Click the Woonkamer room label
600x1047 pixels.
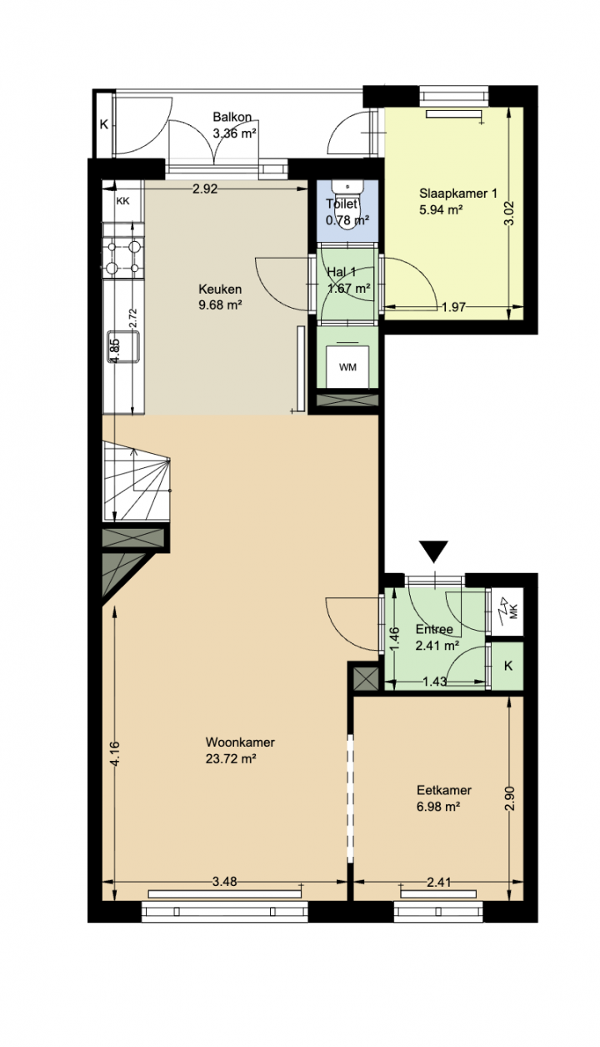[x=240, y=742]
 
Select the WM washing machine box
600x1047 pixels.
[x=347, y=366]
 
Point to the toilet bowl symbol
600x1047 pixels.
[x=347, y=206]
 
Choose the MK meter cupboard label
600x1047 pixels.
[x=514, y=613]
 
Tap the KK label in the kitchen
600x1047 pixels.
[x=122, y=201]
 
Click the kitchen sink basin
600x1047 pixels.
[x=123, y=347]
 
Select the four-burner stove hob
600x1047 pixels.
[x=123, y=257]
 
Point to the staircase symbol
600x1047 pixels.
[x=137, y=481]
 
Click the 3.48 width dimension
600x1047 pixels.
[x=225, y=882]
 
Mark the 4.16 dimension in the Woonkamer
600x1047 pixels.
[x=115, y=753]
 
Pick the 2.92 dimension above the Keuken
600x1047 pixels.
[x=205, y=189]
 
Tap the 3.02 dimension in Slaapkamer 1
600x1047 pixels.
[x=509, y=213]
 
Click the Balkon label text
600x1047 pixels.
[x=232, y=117]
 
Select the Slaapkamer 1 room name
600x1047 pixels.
[x=458, y=193]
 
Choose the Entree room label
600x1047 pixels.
[x=434, y=629]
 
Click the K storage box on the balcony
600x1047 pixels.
[x=103, y=124]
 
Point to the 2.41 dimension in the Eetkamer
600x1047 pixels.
[x=439, y=882]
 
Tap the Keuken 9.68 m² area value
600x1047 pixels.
[x=220, y=305]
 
